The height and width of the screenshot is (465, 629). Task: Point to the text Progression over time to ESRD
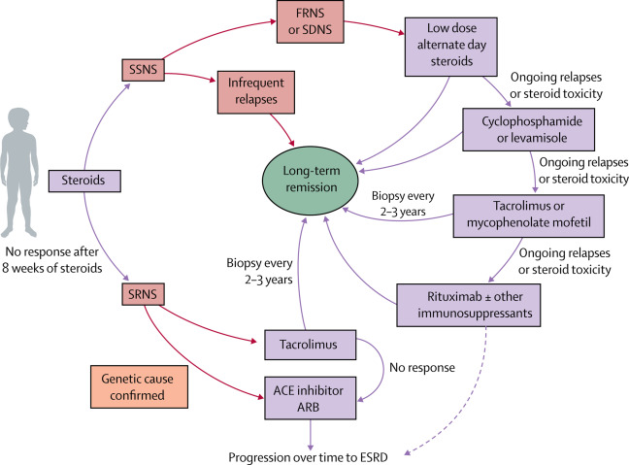click(x=321, y=456)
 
